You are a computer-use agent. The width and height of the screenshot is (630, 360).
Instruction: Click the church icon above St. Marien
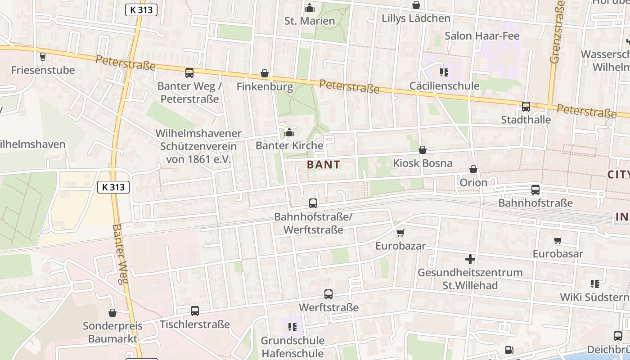pyautogui.click(x=310, y=8)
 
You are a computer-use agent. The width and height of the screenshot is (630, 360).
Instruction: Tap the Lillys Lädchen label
pyautogui.click(x=416, y=18)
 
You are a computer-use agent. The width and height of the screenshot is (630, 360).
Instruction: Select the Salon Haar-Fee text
pyautogui.click(x=482, y=36)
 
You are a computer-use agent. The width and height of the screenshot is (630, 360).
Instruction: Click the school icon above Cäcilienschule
pyautogui.click(x=444, y=72)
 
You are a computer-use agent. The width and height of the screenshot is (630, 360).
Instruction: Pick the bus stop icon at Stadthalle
pyautogui.click(x=526, y=107)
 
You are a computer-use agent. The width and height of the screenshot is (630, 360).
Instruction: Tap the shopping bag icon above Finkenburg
pyautogui.click(x=265, y=73)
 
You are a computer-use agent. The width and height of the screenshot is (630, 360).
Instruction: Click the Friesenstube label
pyautogui.click(x=43, y=70)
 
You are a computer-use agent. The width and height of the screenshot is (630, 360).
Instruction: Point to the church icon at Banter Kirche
pyautogui.click(x=289, y=133)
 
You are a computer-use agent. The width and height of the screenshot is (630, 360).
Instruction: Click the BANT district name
pyautogui.click(x=324, y=165)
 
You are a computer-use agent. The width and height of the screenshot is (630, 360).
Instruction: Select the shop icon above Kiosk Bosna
pyautogui.click(x=422, y=150)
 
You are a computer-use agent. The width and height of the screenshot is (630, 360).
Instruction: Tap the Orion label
pyautogui.click(x=473, y=183)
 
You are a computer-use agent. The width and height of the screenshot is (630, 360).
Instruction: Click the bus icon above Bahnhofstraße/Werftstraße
pyautogui.click(x=313, y=203)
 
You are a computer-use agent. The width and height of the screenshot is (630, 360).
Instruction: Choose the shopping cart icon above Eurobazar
pyautogui.click(x=400, y=233)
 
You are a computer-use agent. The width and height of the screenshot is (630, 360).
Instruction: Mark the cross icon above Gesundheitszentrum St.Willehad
pyautogui.click(x=470, y=259)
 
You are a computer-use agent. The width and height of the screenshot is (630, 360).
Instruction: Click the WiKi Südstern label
pyautogui.click(x=594, y=297)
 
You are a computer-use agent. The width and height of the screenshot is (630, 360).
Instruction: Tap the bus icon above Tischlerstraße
pyautogui.click(x=194, y=311)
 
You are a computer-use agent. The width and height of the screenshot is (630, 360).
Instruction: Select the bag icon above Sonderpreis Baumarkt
pyautogui.click(x=112, y=313)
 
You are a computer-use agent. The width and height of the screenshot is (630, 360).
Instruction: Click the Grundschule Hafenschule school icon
pyautogui.click(x=292, y=327)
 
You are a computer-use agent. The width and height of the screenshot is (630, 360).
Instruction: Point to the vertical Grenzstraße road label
pyautogui.click(x=557, y=31)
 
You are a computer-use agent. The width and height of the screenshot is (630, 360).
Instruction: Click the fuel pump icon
pyautogui.click(x=509, y=350)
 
